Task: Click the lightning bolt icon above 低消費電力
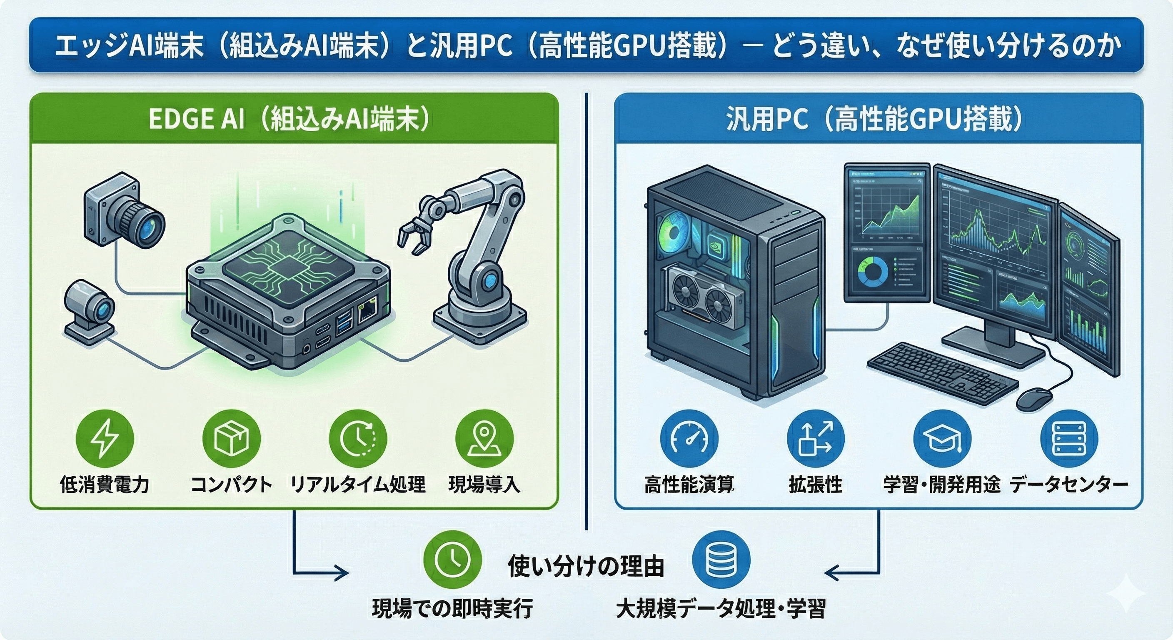point(105,438)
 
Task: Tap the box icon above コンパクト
point(231,438)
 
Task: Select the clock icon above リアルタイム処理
point(358,438)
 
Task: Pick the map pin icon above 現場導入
point(484,438)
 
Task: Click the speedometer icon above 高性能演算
point(689,438)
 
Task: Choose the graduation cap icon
point(942,438)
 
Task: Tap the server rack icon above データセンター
point(1069,438)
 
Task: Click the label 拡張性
point(816,485)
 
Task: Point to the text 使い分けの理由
point(586,566)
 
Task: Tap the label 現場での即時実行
point(453,609)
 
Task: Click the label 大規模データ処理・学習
point(721,609)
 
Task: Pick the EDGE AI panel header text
point(289,120)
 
